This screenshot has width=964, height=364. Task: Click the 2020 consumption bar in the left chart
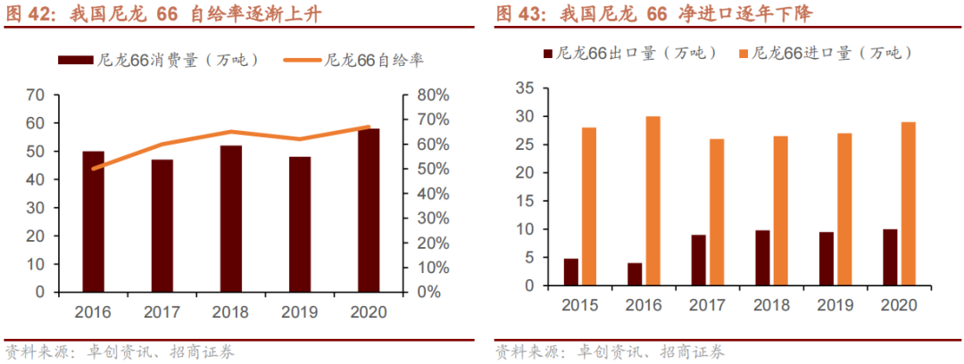coord(369,211)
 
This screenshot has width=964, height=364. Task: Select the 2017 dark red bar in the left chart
coord(162,226)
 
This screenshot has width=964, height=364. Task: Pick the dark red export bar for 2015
coord(571,272)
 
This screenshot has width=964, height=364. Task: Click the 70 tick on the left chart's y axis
coord(35,95)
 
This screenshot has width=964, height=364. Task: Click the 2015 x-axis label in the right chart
coord(580,305)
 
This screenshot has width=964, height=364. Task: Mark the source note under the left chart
coord(120,352)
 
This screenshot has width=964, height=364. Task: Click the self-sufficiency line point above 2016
coord(93,168)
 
